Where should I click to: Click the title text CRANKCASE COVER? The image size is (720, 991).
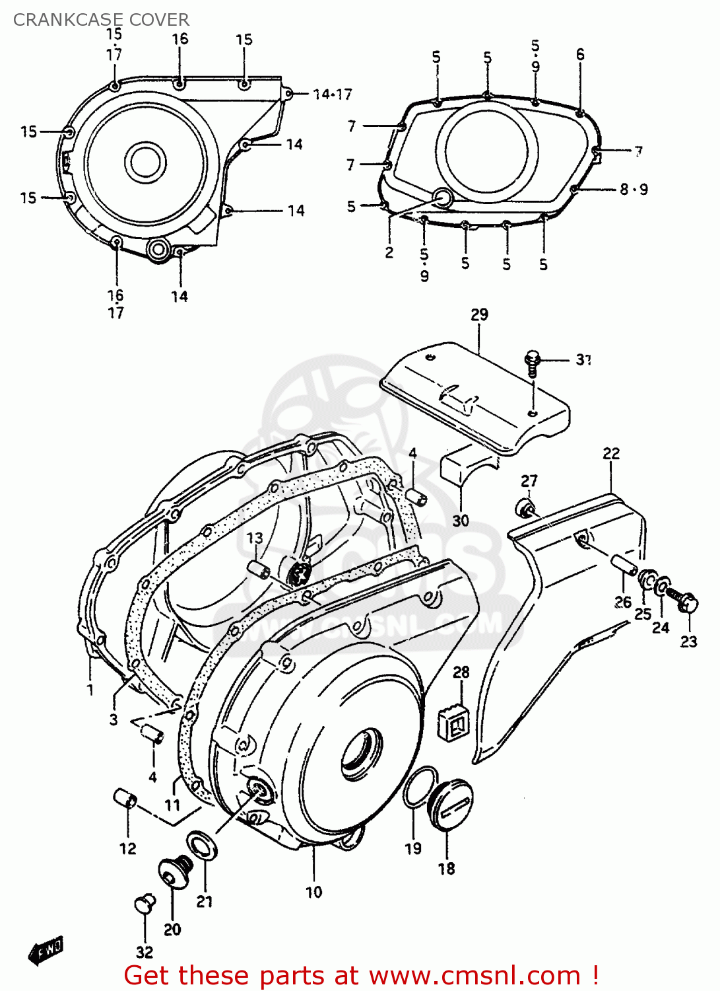tap(101, 20)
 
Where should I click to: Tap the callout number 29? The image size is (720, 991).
tap(479, 314)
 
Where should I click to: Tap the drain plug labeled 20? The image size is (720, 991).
tap(175, 871)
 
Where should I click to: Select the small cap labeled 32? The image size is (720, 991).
tap(145, 904)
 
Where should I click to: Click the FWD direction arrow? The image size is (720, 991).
tap(46, 950)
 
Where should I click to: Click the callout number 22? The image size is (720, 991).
tap(611, 453)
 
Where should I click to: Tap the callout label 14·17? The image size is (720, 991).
tap(333, 94)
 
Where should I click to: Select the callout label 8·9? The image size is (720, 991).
tap(634, 190)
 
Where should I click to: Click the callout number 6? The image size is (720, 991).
tap(580, 54)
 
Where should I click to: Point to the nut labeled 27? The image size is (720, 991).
tap(525, 508)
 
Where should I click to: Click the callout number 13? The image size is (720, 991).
tap(255, 538)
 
